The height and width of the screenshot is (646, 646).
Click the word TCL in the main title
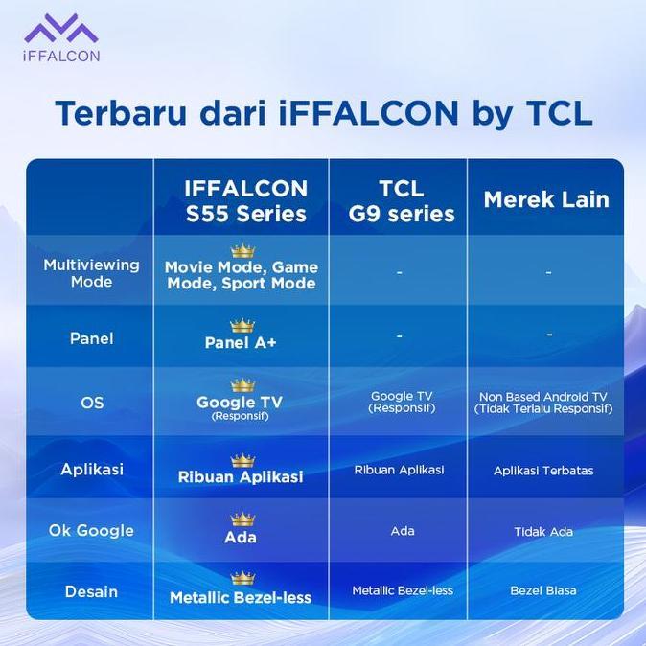click(558, 112)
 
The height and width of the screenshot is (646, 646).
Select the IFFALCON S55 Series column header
click(246, 200)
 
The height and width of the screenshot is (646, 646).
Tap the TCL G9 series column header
click(401, 200)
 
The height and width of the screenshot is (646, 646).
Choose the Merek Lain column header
click(545, 200)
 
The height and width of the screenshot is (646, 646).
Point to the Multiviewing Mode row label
click(91, 273)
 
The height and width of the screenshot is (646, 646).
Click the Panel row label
click(91, 338)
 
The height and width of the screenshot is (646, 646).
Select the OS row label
click(91, 404)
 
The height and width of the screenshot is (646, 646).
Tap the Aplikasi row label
click(91, 470)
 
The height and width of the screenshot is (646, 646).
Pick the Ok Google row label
click(91, 531)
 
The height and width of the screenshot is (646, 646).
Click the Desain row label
click(91, 591)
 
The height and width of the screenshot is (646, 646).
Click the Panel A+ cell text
click(241, 343)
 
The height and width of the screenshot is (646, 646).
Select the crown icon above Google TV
click(242, 385)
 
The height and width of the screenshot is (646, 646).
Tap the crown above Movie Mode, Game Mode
click(242, 251)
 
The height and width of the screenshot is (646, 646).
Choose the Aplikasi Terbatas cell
click(543, 471)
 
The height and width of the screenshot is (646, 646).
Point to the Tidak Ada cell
click(543, 531)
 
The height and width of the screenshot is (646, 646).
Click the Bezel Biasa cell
click(543, 590)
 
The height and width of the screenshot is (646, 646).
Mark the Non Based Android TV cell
click(543, 403)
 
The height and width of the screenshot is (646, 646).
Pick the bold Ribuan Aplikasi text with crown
click(241, 476)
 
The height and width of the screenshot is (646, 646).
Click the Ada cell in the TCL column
click(403, 531)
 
